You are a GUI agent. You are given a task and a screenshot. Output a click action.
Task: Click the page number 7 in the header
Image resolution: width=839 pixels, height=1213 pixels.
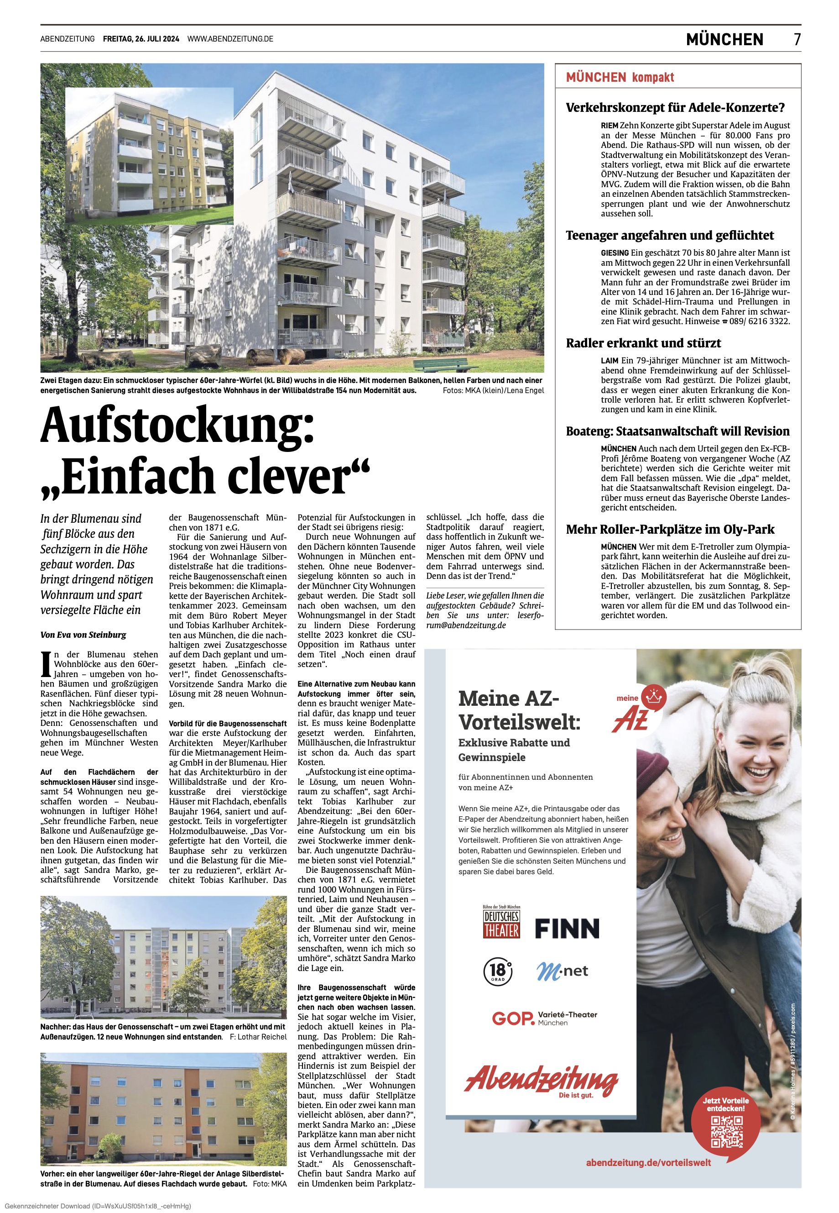tap(797, 39)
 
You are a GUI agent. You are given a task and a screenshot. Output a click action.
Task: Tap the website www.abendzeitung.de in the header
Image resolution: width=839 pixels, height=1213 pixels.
tap(230, 39)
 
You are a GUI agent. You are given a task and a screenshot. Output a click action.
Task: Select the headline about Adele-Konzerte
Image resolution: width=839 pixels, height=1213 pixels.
tap(675, 108)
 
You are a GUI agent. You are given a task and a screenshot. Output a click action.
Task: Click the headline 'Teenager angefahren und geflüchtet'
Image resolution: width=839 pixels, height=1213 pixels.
tap(670, 235)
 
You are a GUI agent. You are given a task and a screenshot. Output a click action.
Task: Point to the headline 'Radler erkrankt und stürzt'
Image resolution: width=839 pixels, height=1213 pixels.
tap(643, 343)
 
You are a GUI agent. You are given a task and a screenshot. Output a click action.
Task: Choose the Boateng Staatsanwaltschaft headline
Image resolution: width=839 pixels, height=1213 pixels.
tap(677, 431)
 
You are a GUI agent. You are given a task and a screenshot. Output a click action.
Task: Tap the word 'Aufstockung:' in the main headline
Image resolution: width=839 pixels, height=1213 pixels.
tap(177, 425)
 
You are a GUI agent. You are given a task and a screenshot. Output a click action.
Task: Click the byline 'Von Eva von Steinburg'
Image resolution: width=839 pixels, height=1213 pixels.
tap(83, 635)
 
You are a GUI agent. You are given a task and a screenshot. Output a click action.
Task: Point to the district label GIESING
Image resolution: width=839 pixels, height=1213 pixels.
tap(615, 253)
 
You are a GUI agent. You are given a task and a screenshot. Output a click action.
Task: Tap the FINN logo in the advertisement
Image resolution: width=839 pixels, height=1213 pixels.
tap(567, 929)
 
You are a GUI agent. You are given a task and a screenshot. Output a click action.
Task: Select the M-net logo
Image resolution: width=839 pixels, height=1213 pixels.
tap(562, 971)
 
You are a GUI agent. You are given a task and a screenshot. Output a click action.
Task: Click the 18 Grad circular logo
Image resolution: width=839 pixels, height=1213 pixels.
tap(497, 971)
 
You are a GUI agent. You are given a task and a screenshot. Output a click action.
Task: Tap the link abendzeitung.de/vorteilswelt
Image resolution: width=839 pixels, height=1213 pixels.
tap(648, 1163)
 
